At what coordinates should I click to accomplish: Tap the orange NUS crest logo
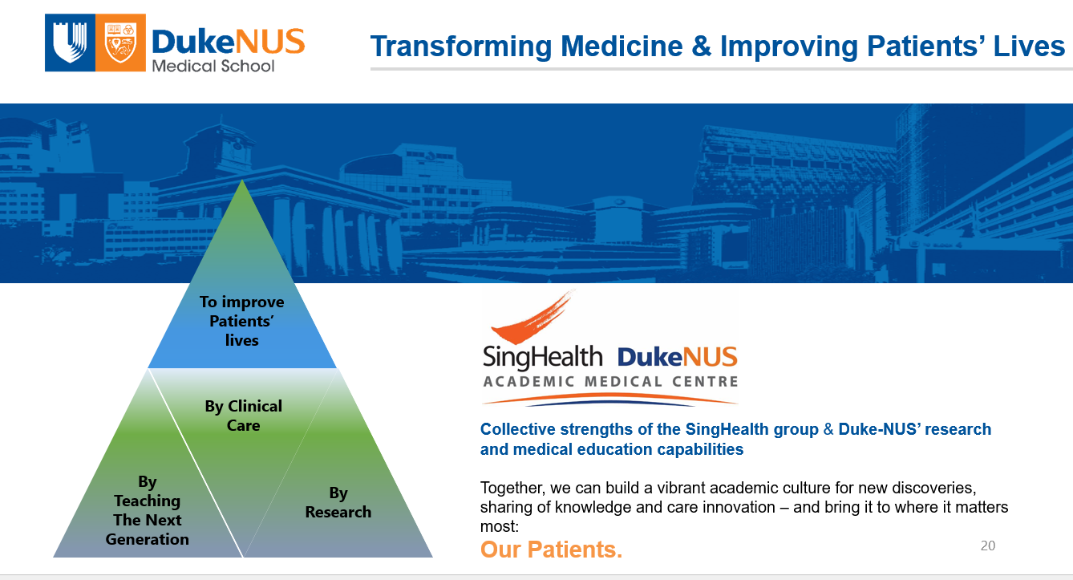124,44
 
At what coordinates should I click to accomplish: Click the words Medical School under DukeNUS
213,65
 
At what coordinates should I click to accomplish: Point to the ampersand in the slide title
701,47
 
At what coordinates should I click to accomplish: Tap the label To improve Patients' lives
241,321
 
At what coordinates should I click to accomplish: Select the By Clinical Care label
243,416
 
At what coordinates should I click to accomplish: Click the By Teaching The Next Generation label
148,510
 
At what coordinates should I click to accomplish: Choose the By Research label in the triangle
338,502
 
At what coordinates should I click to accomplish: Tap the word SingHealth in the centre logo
542,357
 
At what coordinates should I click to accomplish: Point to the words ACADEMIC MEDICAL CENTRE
610,382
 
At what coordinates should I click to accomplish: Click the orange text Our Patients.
551,550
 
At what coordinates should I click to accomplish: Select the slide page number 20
987,546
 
